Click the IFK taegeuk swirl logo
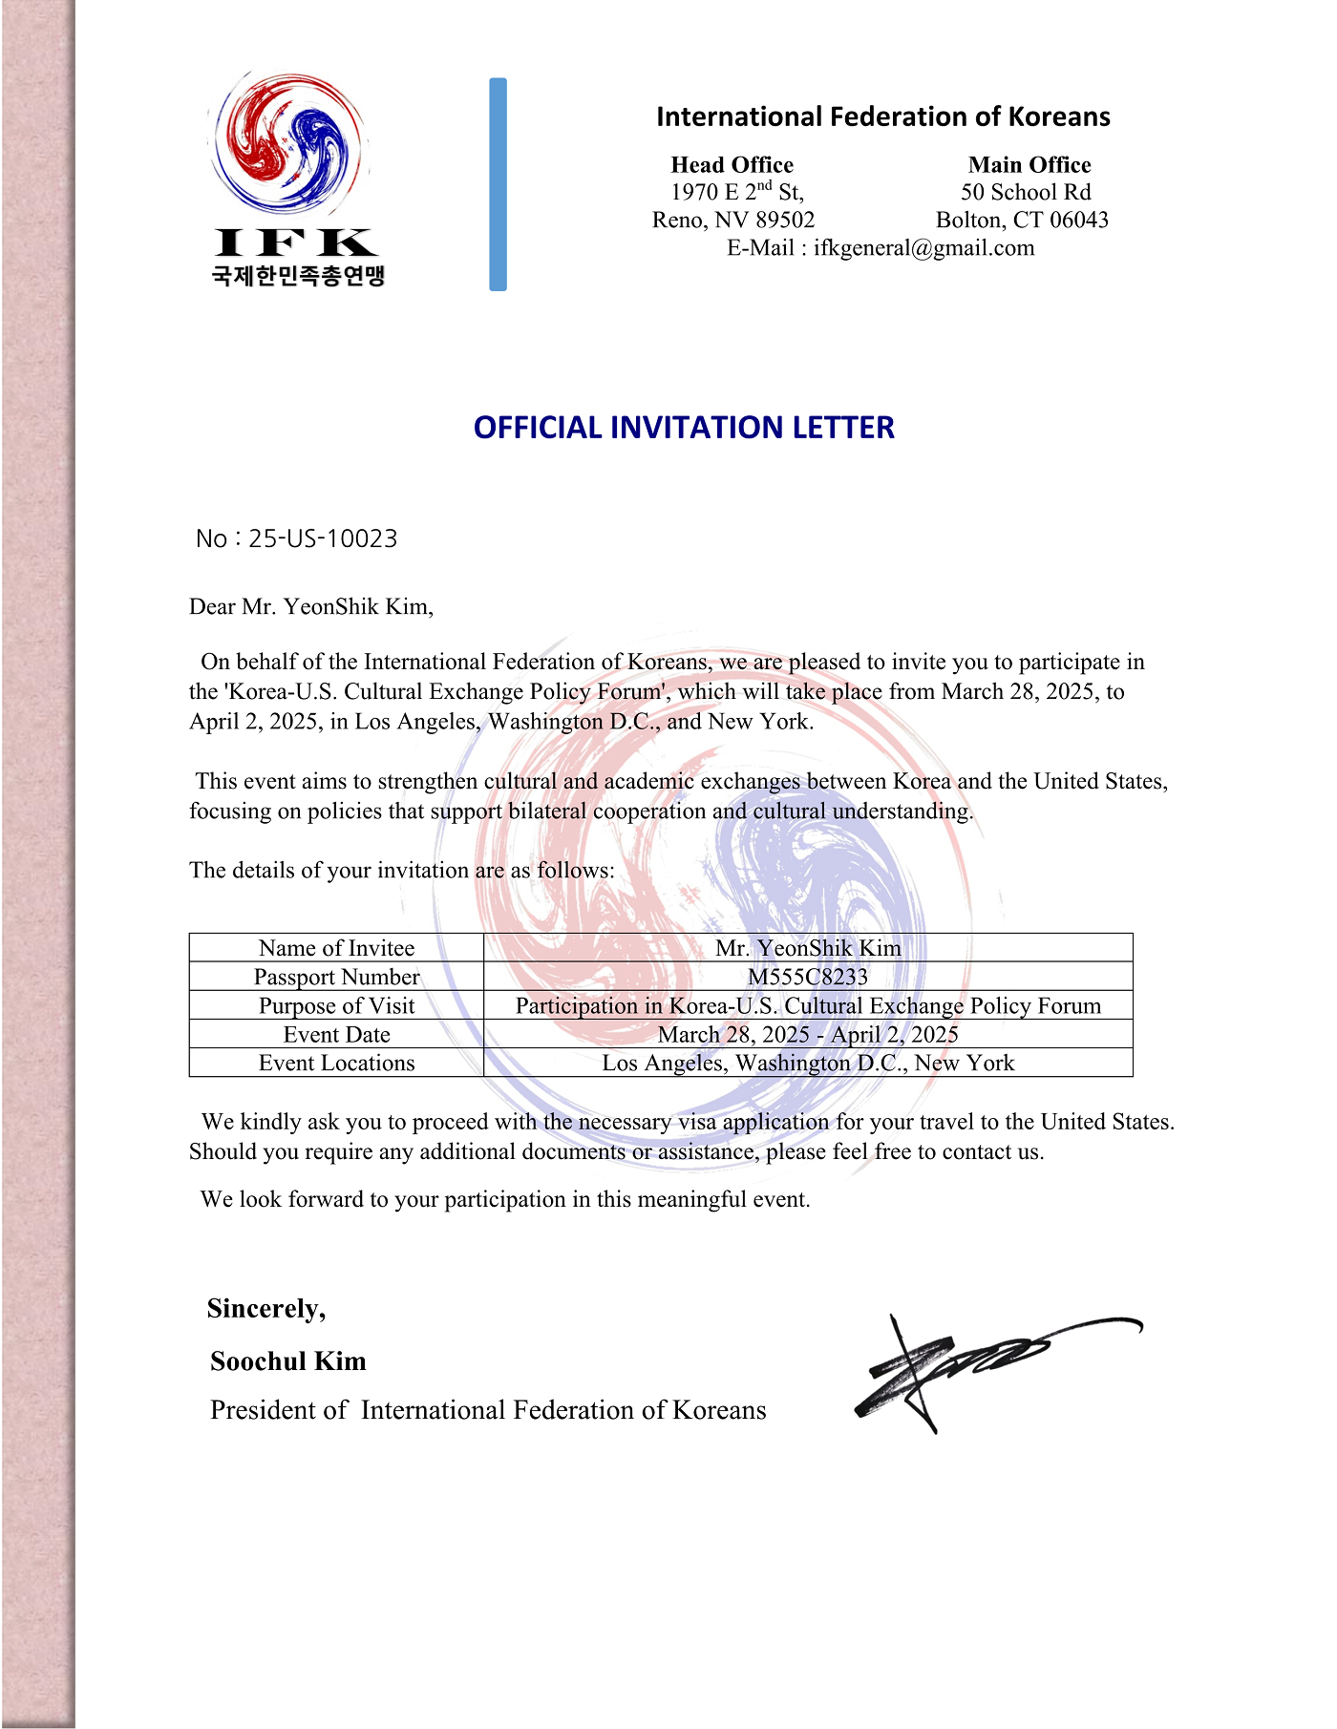[287, 143]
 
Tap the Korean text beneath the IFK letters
[298, 276]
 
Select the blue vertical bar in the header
[498, 184]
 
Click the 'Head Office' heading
[732, 164]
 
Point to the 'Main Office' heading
[1029, 164]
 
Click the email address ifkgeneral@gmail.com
[923, 248]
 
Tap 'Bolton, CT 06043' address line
[1022, 221]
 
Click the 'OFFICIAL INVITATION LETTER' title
[684, 427]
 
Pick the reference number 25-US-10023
[323, 539]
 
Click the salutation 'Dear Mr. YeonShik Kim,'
[311, 607]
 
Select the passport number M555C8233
[808, 977]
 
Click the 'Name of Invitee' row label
[336, 948]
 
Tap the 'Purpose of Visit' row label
[336, 1005]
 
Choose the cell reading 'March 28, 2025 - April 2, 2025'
[808, 1034]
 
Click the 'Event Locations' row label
[336, 1063]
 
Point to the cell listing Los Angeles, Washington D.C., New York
[808, 1063]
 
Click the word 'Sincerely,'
[266, 1308]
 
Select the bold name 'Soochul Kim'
[288, 1361]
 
